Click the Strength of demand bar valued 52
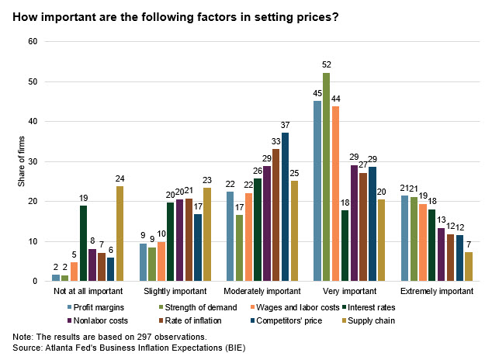tap(327, 177)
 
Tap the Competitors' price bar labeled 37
tap(285, 207)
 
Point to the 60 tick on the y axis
tap(33, 41)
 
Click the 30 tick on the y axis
tap(33, 161)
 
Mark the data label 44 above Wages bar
tap(336, 99)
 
